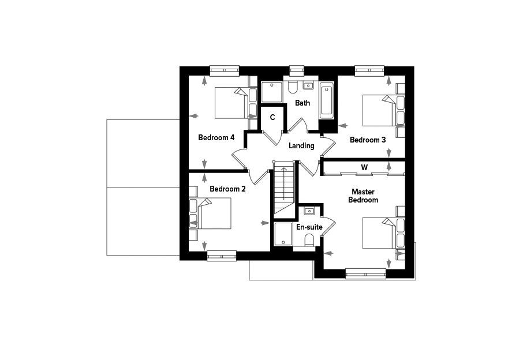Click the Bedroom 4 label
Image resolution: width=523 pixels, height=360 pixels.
coord(216,137)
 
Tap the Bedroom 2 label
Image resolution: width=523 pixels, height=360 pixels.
coord(227,189)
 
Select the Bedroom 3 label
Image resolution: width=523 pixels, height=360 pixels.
coord(368,140)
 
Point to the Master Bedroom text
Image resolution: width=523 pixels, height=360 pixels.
coord(363,196)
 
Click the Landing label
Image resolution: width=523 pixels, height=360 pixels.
coord(301,145)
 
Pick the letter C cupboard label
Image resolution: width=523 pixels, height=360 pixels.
coord(272,117)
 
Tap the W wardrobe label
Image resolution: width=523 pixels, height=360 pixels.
coord(364,167)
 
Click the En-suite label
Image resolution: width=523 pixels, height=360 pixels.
coord(309,227)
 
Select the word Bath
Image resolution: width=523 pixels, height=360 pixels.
coord(302,103)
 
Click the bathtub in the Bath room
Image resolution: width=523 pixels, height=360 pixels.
coord(327,100)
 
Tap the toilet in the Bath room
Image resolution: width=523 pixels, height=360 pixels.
coord(293,87)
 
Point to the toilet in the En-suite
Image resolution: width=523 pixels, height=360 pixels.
coord(309,241)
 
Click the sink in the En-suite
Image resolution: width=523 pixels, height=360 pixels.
coord(309,211)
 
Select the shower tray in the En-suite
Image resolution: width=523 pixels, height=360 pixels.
coord(283,234)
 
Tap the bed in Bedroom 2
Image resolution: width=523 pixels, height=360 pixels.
coord(210,213)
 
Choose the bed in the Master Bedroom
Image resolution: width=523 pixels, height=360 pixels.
coord(383,233)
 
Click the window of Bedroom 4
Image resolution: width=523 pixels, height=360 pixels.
coord(225,70)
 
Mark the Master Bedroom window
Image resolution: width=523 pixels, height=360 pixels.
coord(365,274)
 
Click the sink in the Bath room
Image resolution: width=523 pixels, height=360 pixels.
coord(308,85)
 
